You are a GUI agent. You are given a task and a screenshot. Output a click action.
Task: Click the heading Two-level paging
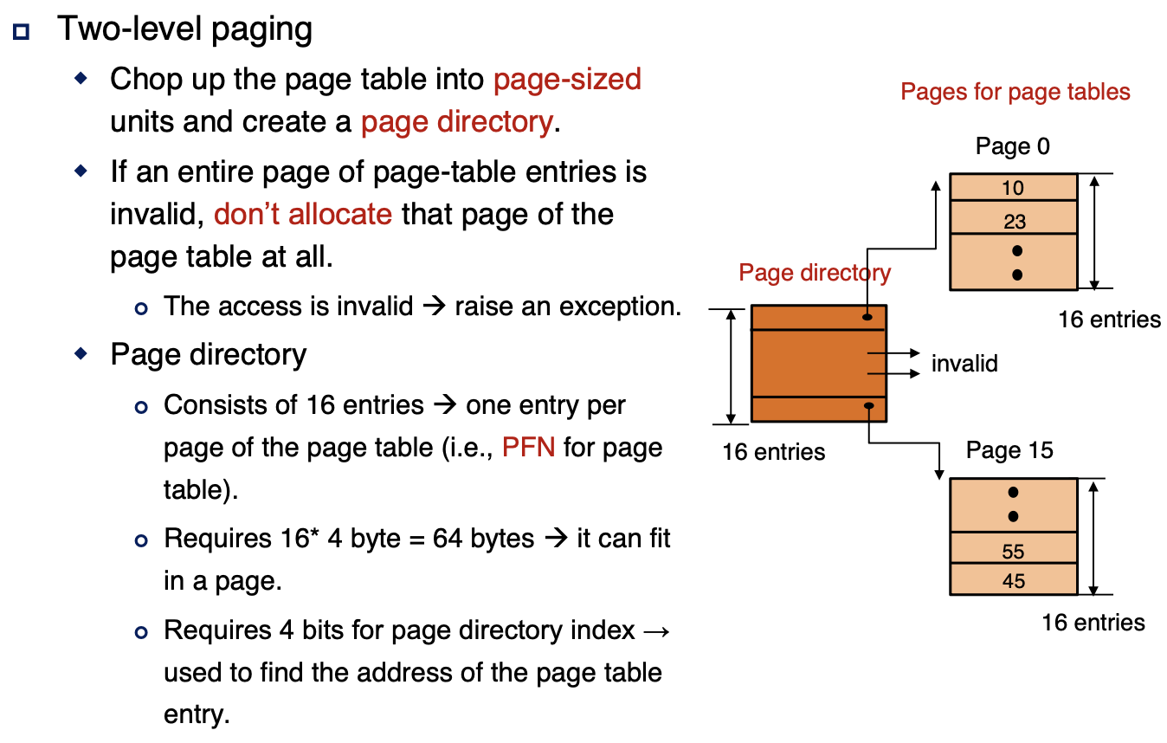184,29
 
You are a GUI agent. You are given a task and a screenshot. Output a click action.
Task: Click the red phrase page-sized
567,80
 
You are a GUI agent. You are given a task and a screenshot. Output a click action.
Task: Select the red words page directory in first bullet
456,122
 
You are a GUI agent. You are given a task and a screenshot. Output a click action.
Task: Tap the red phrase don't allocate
302,214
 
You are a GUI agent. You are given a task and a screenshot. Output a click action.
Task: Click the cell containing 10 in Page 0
1013,188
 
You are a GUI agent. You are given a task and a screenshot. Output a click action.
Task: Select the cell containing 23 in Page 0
1013,221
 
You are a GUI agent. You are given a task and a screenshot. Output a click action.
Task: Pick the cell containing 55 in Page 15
1013,551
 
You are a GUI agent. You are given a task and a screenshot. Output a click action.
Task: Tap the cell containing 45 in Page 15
1013,581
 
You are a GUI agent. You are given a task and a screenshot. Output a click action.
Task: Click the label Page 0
1012,146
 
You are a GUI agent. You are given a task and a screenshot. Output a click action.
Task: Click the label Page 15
1009,451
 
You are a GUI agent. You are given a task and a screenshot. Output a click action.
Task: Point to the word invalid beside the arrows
964,364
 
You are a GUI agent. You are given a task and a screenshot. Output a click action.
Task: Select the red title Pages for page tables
1015,92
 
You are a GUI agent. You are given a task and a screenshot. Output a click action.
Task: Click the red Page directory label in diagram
814,273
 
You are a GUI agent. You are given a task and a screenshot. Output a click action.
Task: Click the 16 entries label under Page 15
1093,623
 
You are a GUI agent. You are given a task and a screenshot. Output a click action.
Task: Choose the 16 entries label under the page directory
773,451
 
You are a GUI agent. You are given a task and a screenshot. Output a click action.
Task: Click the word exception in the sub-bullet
622,307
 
